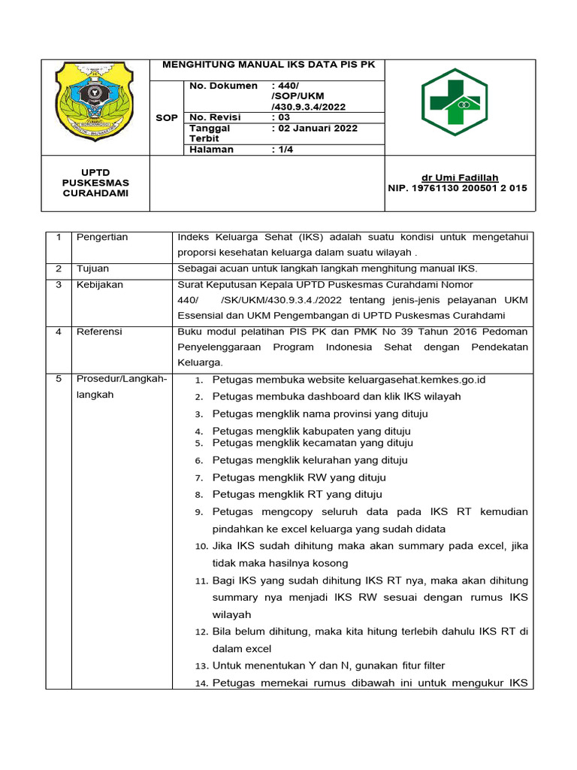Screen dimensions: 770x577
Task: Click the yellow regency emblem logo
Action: [94, 106]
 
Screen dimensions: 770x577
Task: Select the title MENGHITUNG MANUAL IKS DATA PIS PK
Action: [268, 65]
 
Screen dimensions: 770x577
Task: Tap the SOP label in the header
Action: [167, 118]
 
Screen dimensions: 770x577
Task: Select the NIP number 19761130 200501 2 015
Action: [457, 188]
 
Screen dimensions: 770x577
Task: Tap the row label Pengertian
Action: [102, 238]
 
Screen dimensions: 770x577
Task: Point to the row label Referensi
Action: [99, 332]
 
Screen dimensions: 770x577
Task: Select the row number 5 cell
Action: [59, 379]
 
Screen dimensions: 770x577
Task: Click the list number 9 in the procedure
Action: [199, 512]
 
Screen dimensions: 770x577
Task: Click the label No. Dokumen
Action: [223, 86]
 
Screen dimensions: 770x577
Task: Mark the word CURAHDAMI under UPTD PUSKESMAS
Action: [95, 193]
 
